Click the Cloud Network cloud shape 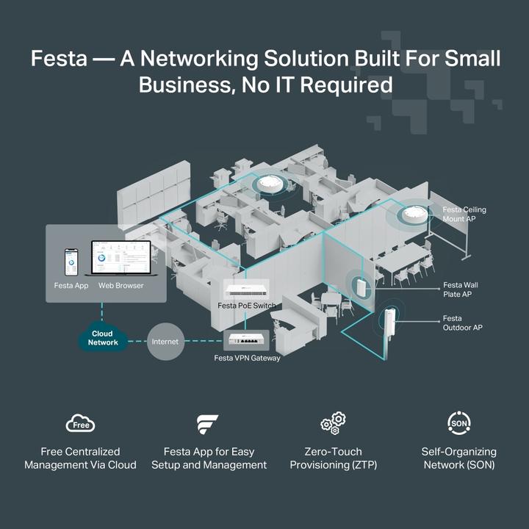[x=103, y=338]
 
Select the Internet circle [x=165, y=342]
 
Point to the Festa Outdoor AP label [x=462, y=323]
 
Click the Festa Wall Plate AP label [x=461, y=289]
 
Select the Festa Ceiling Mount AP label [x=464, y=215]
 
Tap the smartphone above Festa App [x=71, y=262]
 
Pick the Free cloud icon [x=81, y=424]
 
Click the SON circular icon [x=459, y=423]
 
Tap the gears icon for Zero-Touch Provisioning [x=333, y=423]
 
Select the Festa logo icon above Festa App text [x=208, y=425]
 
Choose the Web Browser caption [x=120, y=285]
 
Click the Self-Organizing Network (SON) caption [x=458, y=458]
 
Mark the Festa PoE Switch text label [x=247, y=305]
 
